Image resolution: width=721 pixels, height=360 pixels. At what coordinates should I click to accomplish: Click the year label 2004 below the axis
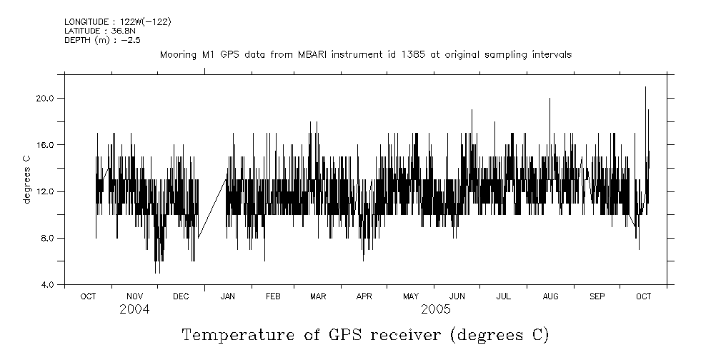click(x=134, y=309)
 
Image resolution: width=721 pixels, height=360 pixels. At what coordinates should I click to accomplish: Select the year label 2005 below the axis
click(x=436, y=309)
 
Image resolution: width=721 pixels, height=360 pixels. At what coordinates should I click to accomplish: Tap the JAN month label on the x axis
click(x=228, y=296)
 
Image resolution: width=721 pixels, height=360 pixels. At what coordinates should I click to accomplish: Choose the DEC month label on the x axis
click(x=181, y=296)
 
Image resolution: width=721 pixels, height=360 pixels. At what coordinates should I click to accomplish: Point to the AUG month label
click(x=550, y=296)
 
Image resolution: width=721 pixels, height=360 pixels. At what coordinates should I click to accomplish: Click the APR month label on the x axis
click(x=364, y=296)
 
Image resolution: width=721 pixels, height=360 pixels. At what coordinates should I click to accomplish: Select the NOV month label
click(x=134, y=296)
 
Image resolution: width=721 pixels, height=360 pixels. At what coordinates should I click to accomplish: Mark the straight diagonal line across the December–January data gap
click(x=212, y=208)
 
